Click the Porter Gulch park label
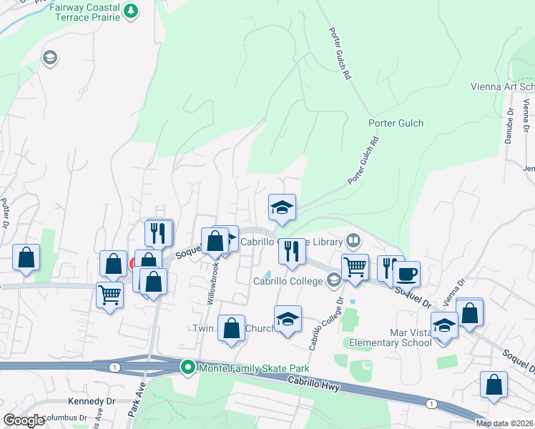[396, 123]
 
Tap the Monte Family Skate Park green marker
[188, 368]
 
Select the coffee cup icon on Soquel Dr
[407, 274]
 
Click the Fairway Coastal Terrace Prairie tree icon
[130, 10]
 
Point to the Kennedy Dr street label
[91, 401]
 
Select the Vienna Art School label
[502, 87]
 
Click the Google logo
[23, 420]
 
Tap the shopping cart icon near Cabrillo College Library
[354, 268]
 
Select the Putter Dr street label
[5, 211]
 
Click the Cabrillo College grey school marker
[333, 280]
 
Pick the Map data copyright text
[504, 423]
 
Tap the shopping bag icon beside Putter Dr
[26, 258]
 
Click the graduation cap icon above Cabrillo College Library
[282, 207]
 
